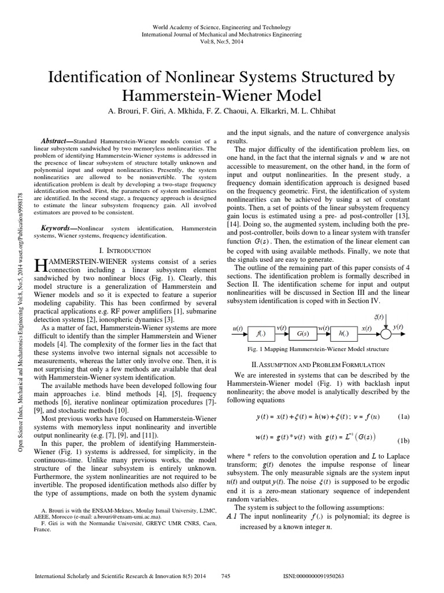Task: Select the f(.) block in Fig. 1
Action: [x=260, y=335]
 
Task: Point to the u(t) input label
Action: [x=238, y=328]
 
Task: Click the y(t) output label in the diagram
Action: [x=398, y=328]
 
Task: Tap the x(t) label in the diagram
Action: [x=367, y=328]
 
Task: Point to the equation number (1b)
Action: [x=405, y=440]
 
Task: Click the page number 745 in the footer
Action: [x=226, y=577]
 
